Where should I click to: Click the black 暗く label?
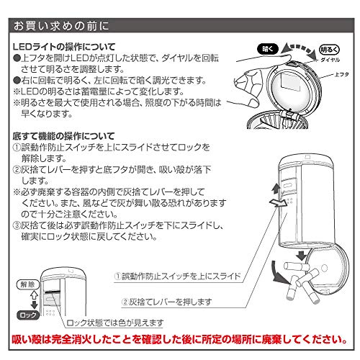coord(268,49)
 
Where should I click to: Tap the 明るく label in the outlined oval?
coord(329,50)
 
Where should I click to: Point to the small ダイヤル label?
coord(330,60)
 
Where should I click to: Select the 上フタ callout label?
coord(342,74)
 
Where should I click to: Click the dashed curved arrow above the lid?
coord(299,48)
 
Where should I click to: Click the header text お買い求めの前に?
coord(61,26)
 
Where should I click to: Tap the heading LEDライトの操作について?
coord(64,47)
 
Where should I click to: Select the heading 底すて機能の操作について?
coord(63,136)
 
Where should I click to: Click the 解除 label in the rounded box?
coord(28,284)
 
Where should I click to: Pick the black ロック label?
coord(28,315)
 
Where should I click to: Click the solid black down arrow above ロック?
coord(35,305)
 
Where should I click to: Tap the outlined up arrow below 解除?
coord(35,294)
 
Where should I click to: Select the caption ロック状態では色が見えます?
coord(115,323)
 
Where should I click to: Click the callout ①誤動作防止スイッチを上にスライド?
coord(177,276)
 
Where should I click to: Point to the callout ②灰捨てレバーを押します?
coord(166,302)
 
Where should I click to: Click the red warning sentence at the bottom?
coord(179,339)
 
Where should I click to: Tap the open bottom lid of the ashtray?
coord(328,271)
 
